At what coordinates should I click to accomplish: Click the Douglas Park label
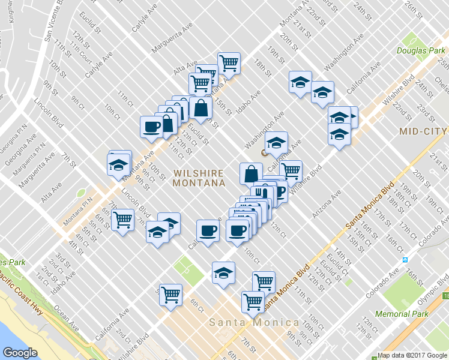click(421, 50)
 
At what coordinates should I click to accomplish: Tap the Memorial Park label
click(402, 314)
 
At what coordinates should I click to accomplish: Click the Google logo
click(20, 352)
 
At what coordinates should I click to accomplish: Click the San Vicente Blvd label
click(52, 21)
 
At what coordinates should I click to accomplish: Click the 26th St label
click(414, 10)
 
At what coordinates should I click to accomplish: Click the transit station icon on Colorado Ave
click(405, 260)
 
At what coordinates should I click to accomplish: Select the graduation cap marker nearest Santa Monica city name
click(223, 272)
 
